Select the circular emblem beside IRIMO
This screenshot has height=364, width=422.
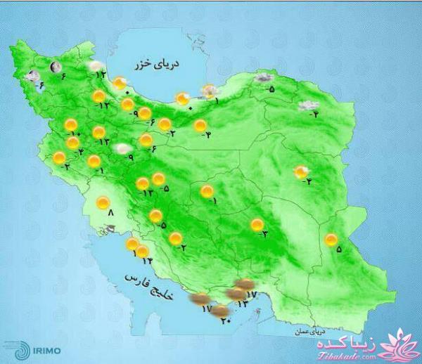[x=23, y=344]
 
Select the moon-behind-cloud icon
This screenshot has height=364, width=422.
[x=31, y=76]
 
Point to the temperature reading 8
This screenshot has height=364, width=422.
[x=110, y=215]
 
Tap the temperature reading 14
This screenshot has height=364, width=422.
[x=148, y=261]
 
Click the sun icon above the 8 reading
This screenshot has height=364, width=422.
[x=103, y=203]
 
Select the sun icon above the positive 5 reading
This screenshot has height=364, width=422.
[x=331, y=240]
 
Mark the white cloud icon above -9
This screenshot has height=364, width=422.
[x=122, y=148]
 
